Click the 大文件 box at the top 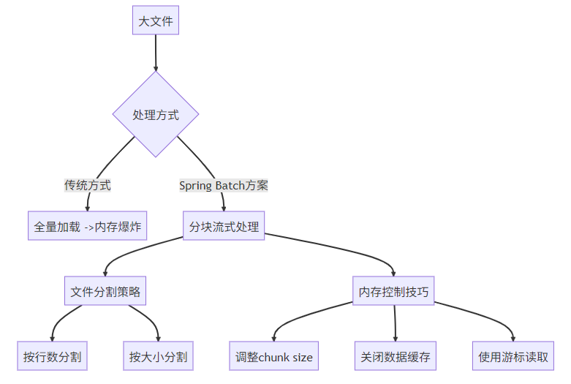[156, 20]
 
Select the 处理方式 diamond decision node [156, 114]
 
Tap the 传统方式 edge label [88, 185]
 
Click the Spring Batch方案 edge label [224, 185]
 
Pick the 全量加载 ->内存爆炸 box [87, 226]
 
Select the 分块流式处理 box [224, 226]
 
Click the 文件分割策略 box [105, 291]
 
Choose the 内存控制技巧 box [394, 291]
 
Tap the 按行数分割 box [52, 356]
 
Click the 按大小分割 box [158, 356]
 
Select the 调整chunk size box [274, 356]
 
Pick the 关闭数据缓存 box [396, 356]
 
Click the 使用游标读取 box [513, 356]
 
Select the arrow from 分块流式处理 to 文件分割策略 [139, 249]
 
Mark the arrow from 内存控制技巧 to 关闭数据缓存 [395, 323]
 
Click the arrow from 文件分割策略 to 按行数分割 [62, 318]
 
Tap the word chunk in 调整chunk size [273, 357]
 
